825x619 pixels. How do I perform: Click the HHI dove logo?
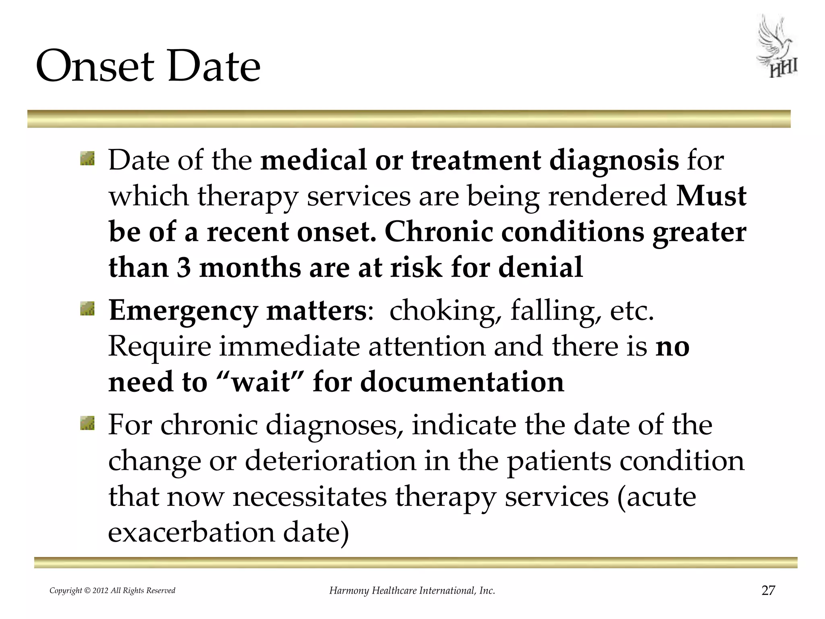pyautogui.click(x=776, y=47)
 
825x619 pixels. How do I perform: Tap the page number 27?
pyautogui.click(x=768, y=590)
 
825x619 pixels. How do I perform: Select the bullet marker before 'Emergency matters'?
pyautogui.click(x=87, y=309)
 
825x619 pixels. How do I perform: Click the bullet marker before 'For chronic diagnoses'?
pyautogui.click(x=87, y=424)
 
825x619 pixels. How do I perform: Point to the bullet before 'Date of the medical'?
pyautogui.click(x=87, y=159)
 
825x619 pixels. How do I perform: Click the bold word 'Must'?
pyautogui.click(x=711, y=196)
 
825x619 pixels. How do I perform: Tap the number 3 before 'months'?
pyautogui.click(x=183, y=267)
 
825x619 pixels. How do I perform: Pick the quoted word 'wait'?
pyautogui.click(x=261, y=382)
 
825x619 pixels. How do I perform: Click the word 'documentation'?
pyautogui.click(x=462, y=382)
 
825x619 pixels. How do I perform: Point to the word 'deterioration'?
pyautogui.click(x=330, y=461)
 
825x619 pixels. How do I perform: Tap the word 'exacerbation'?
pyautogui.click(x=191, y=532)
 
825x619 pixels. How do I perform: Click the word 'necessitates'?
pyautogui.click(x=310, y=496)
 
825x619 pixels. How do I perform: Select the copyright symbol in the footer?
pyautogui.click(x=87, y=591)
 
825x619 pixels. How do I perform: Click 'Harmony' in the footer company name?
pyautogui.click(x=349, y=591)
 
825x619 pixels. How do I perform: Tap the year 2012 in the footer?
pyautogui.click(x=100, y=591)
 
